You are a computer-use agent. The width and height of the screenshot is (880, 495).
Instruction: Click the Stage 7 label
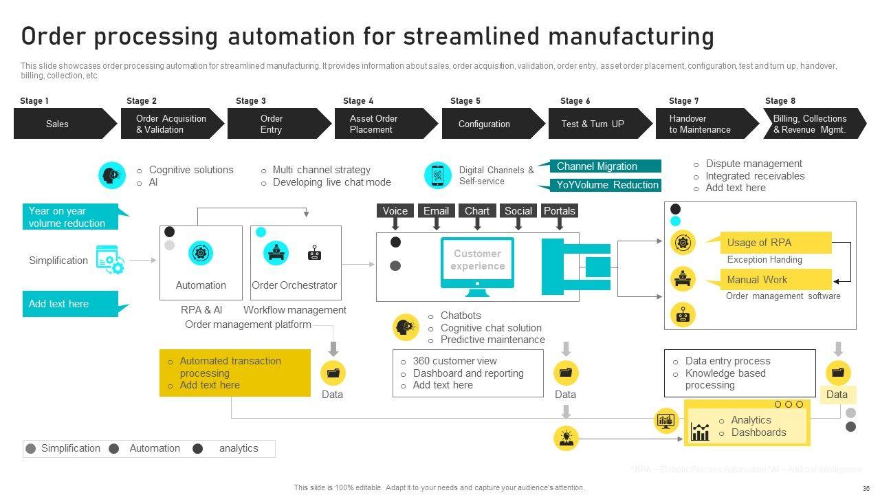coord(683,101)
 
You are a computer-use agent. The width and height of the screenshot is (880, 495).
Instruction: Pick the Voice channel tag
coord(395,211)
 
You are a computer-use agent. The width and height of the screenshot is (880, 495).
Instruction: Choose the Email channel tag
coord(436,211)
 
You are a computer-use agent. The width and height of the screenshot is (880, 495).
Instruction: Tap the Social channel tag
coord(518,211)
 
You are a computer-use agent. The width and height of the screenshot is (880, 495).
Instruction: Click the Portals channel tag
coord(560,211)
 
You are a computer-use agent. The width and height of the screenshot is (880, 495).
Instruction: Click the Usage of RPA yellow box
coord(775,243)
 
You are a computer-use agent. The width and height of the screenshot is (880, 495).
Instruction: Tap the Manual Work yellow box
coord(775,279)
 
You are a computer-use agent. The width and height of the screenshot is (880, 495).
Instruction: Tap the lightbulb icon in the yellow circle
coord(566,438)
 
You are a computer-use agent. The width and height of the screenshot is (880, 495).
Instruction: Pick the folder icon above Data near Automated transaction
coord(333,373)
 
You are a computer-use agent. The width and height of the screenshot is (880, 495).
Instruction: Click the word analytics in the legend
coord(239,448)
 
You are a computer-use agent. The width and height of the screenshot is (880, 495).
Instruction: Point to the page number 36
coord(866,488)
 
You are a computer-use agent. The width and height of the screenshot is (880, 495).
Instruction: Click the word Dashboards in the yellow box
coord(758,432)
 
